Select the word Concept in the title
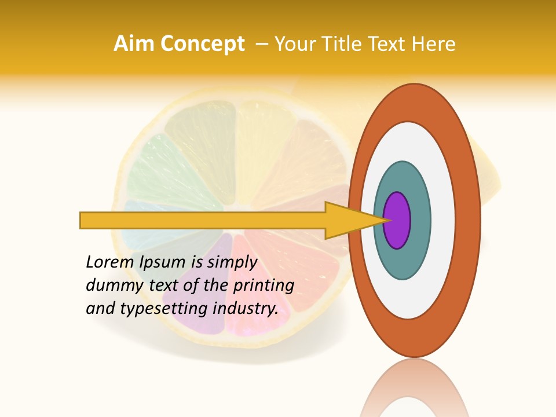pos(203,44)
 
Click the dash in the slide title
pos(261,44)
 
